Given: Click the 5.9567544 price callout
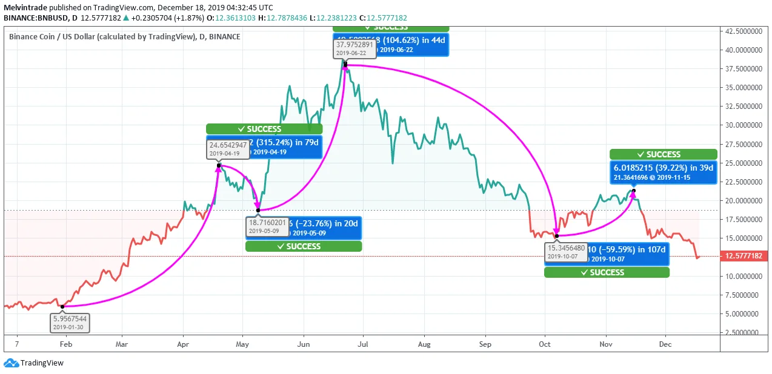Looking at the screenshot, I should click(x=70, y=322).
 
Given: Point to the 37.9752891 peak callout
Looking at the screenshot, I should click(x=354, y=48).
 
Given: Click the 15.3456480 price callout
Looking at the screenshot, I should click(x=567, y=252).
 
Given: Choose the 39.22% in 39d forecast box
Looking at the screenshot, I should click(x=663, y=172).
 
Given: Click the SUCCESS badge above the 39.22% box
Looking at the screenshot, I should click(x=663, y=154).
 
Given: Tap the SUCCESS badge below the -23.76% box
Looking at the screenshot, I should click(x=304, y=246).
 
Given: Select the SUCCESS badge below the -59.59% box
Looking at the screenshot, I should click(x=607, y=272).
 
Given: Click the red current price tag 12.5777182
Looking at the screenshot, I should click(x=745, y=256).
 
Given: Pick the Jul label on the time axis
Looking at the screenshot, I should click(x=363, y=344).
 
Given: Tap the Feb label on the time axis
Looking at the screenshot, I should click(x=65, y=344).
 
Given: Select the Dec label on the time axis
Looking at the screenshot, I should click(x=665, y=344).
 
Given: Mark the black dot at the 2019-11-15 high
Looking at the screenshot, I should click(x=634, y=191).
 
